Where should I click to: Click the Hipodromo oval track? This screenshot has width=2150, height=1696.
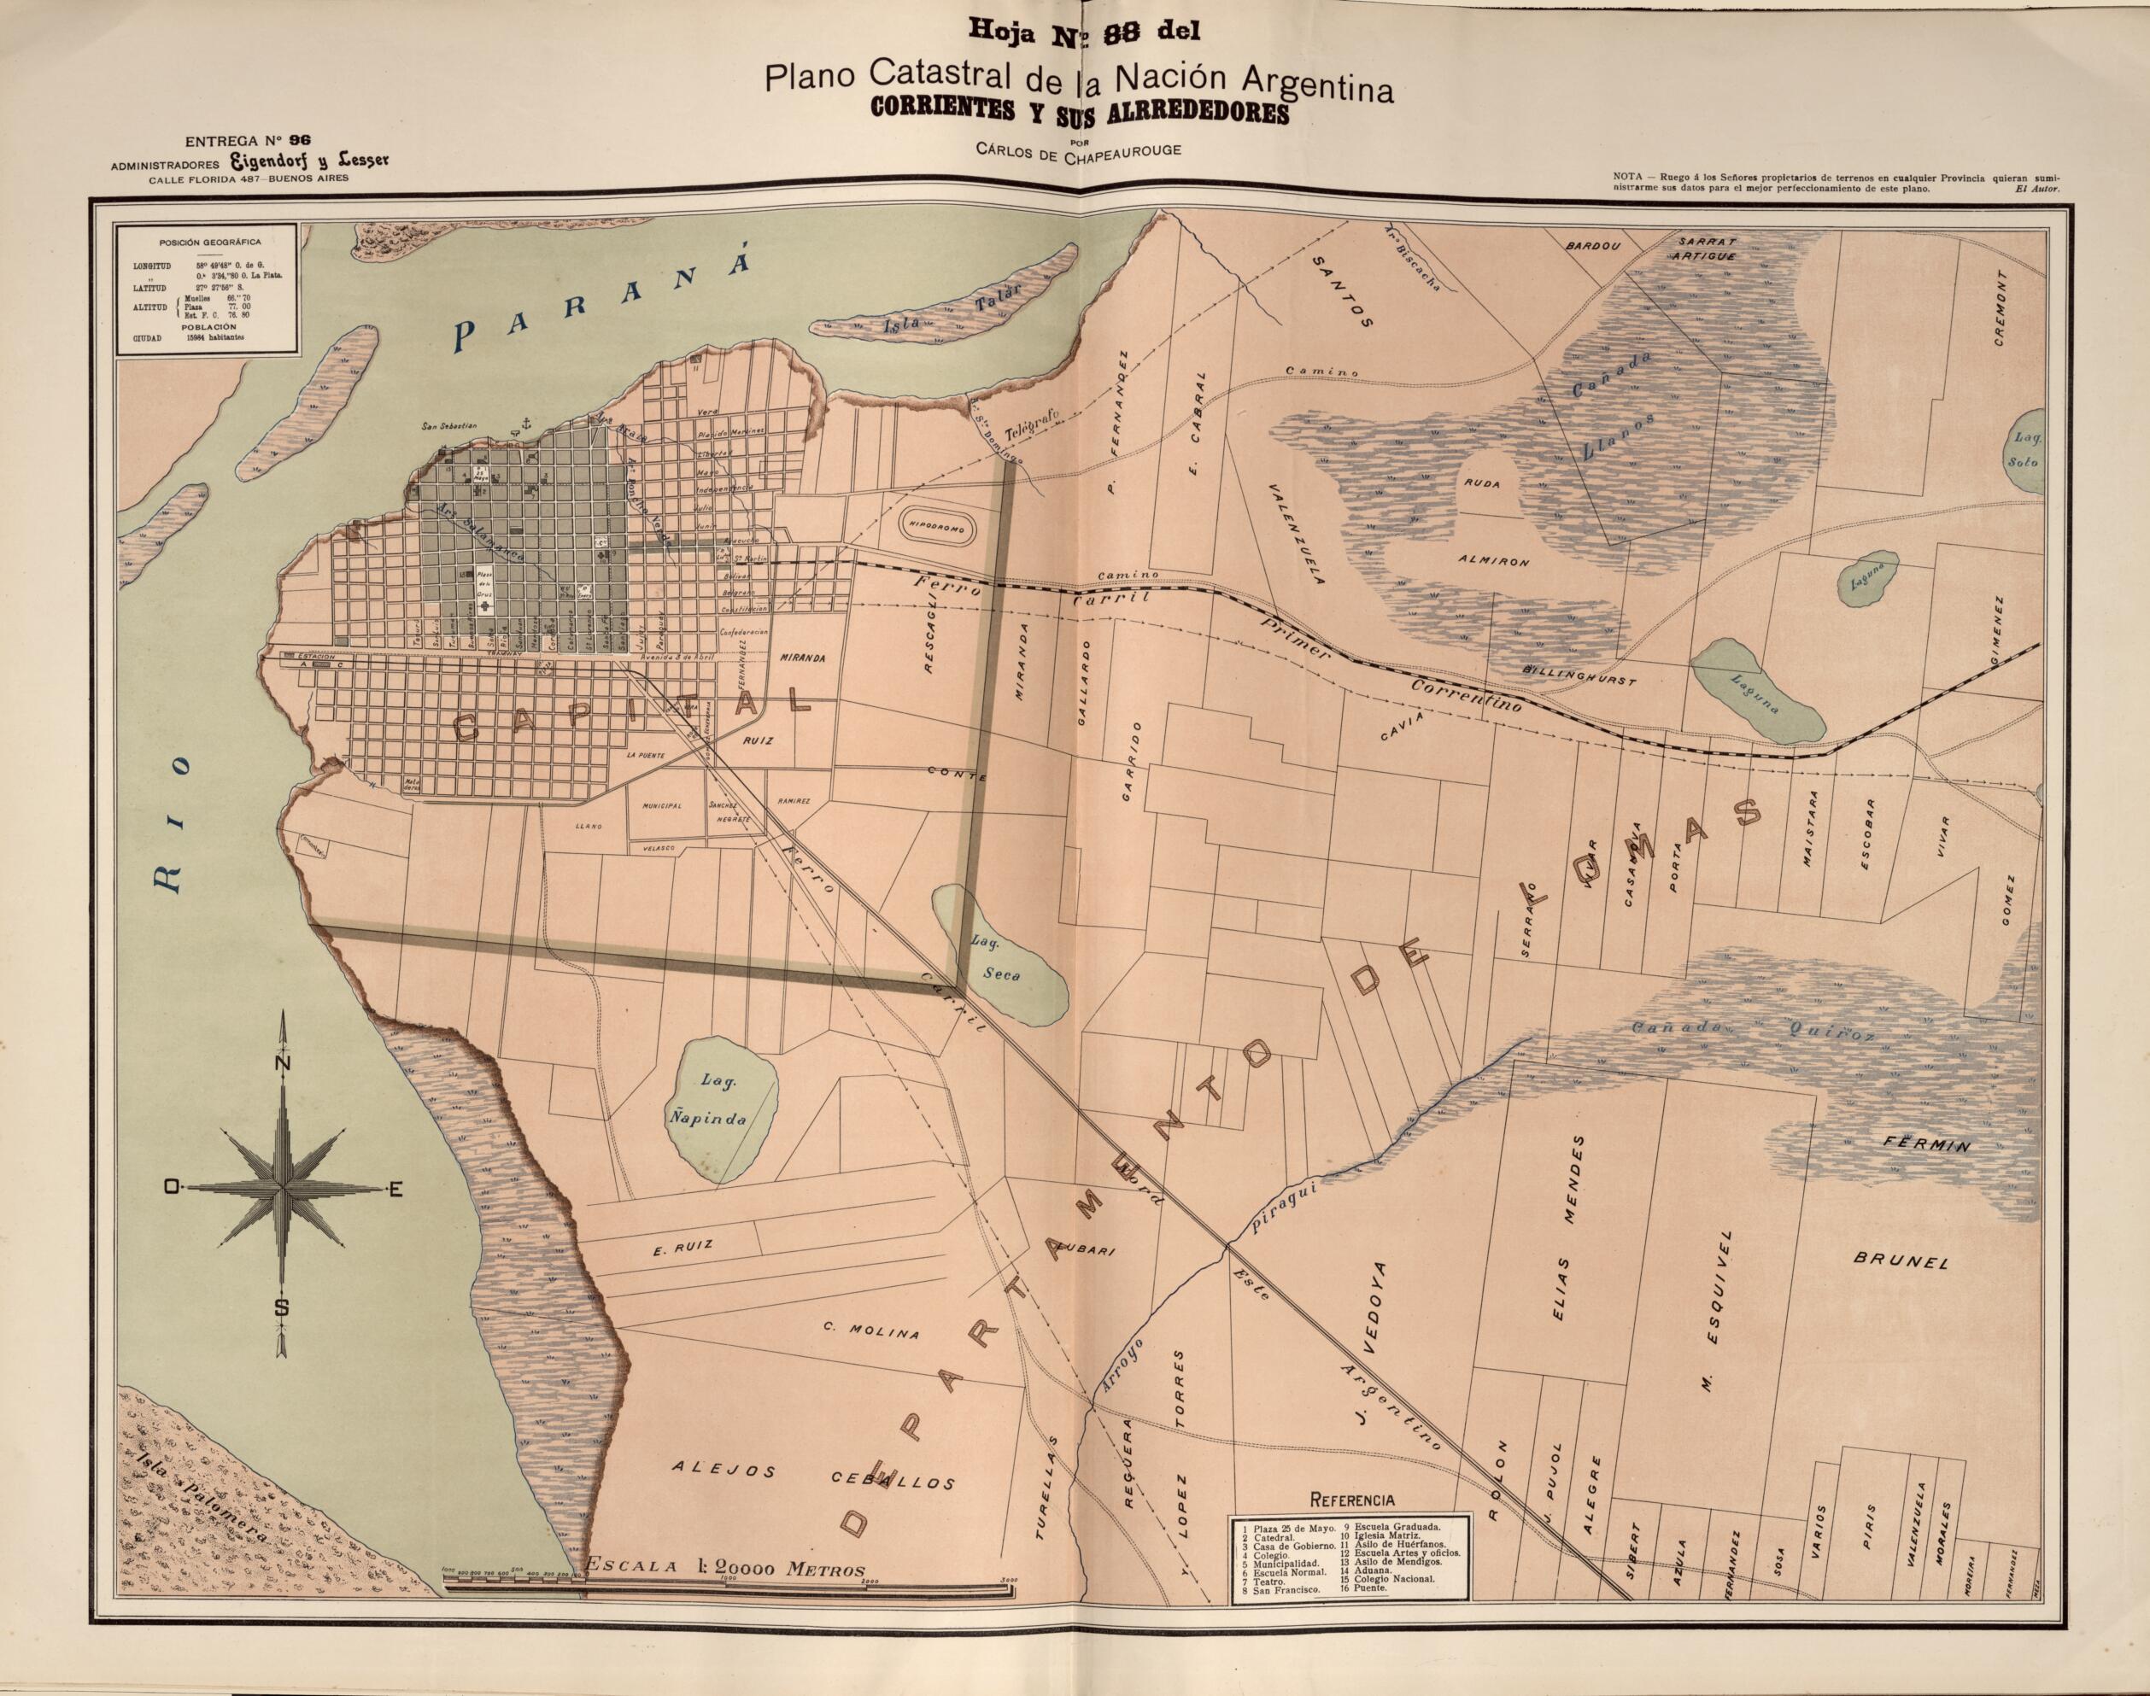[942, 530]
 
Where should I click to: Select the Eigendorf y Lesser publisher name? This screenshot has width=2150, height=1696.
[280, 163]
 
